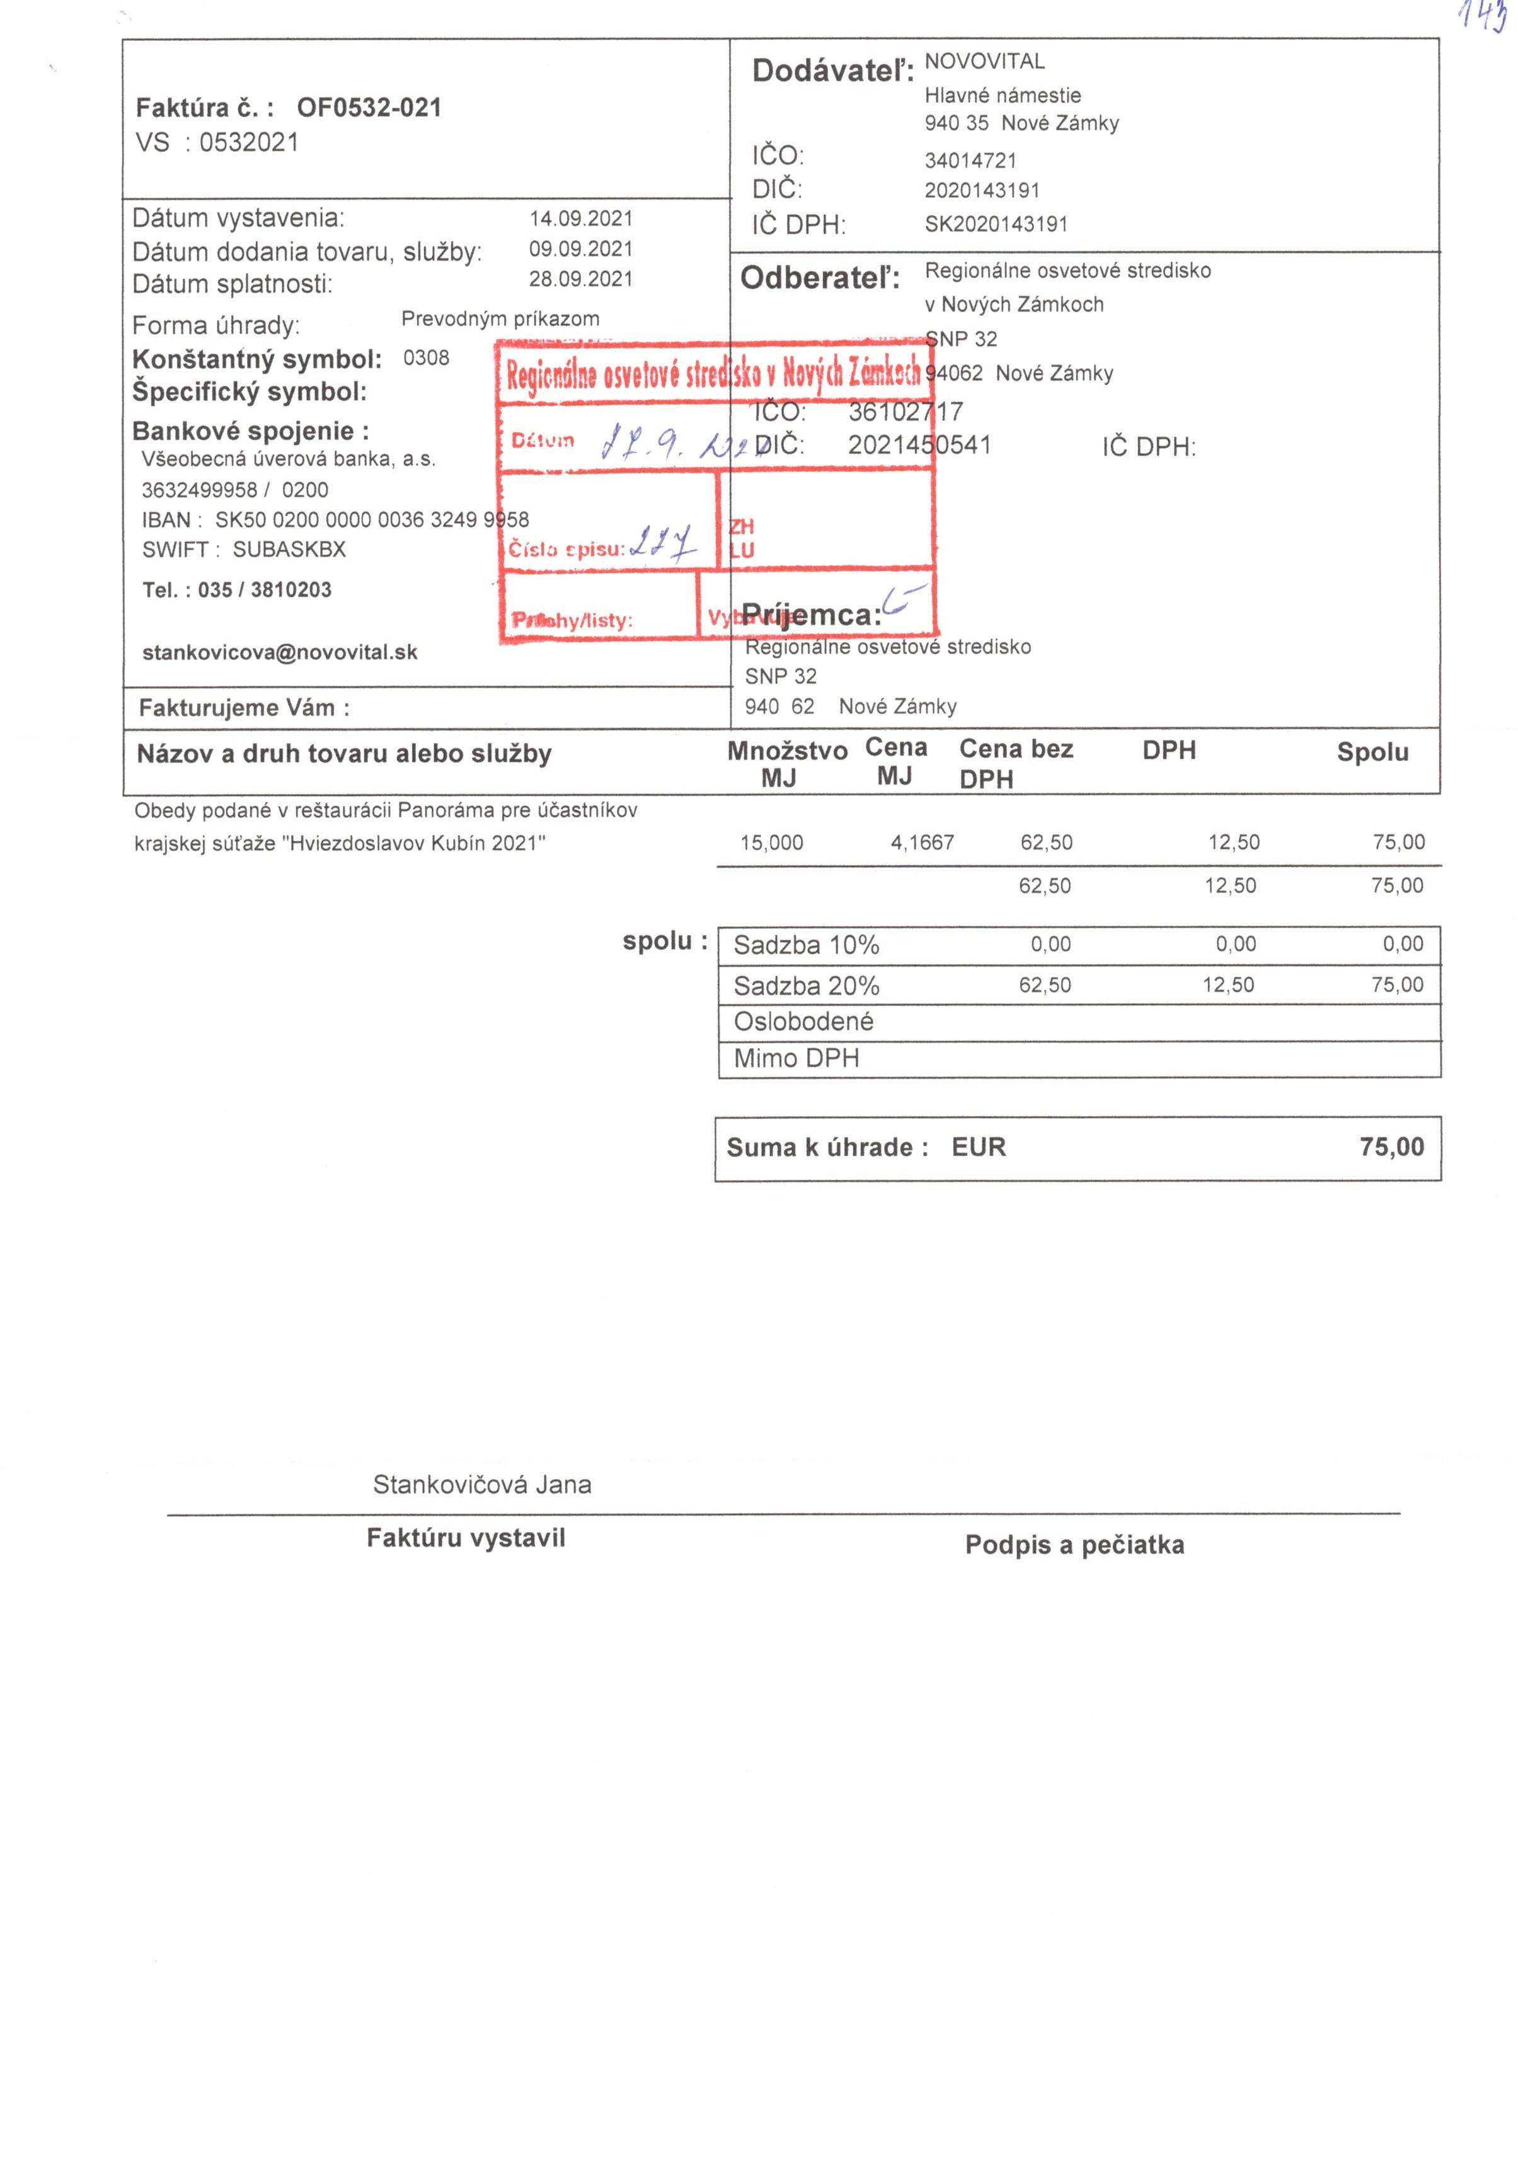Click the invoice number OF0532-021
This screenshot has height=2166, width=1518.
pyautogui.click(x=369, y=108)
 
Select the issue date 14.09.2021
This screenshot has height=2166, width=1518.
pyautogui.click(x=580, y=219)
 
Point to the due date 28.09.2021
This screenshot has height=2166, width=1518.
pyautogui.click(x=580, y=279)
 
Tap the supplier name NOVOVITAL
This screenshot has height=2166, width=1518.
pyautogui.click(x=984, y=62)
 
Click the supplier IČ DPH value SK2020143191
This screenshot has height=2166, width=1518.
pyautogui.click(x=996, y=224)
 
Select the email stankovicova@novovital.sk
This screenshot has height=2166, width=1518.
pyautogui.click(x=279, y=653)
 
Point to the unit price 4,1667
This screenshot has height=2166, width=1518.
pyautogui.click(x=922, y=843)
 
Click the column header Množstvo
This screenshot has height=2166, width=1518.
pyautogui.click(x=787, y=752)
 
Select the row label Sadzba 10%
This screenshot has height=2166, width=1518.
pyautogui.click(x=806, y=945)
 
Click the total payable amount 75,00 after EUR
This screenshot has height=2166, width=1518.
pyautogui.click(x=1391, y=1147)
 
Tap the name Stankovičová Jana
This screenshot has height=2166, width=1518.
pyautogui.click(x=482, y=1485)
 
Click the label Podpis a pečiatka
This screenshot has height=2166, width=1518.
pyautogui.click(x=1074, y=1545)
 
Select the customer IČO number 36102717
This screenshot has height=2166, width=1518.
pyautogui.click(x=905, y=412)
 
